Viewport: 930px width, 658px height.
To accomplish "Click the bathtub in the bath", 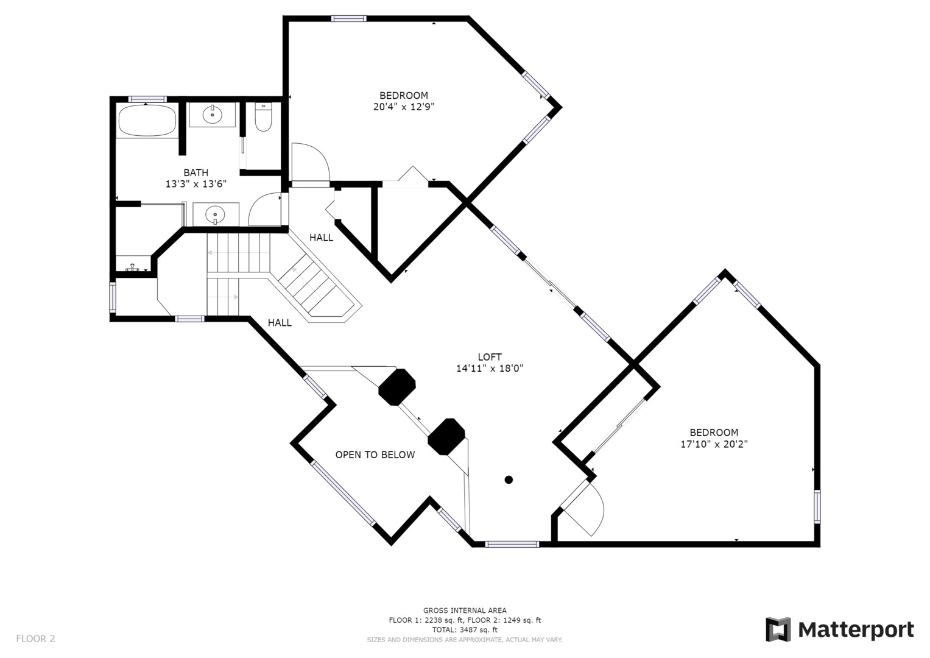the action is click(147, 121).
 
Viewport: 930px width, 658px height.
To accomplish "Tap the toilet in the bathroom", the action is click(263, 118).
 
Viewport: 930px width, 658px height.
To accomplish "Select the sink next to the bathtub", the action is click(212, 115).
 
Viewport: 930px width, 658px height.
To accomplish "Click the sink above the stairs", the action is click(215, 214).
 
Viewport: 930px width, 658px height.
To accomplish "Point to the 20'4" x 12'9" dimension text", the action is click(404, 107).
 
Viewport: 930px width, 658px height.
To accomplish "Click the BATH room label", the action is click(196, 172).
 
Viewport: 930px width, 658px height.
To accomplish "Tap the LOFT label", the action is click(490, 357).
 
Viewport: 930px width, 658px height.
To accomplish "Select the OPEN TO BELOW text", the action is click(375, 455).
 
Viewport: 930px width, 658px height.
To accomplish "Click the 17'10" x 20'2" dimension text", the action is click(714, 444).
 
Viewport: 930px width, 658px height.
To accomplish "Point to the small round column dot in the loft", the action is click(509, 480).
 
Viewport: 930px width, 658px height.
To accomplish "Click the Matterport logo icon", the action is click(778, 629).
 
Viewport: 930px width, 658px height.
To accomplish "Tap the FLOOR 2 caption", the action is click(36, 639).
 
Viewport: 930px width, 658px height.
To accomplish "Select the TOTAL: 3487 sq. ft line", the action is click(465, 630).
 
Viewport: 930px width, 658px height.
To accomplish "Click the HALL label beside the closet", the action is click(321, 238).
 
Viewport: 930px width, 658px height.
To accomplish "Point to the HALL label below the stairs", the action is click(280, 323).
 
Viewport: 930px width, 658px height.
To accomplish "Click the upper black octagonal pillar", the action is click(397, 387).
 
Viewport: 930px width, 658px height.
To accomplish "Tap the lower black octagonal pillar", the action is click(446, 437).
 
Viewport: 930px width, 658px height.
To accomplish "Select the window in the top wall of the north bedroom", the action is click(349, 18).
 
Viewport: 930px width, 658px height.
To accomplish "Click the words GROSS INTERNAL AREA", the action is click(465, 610).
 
